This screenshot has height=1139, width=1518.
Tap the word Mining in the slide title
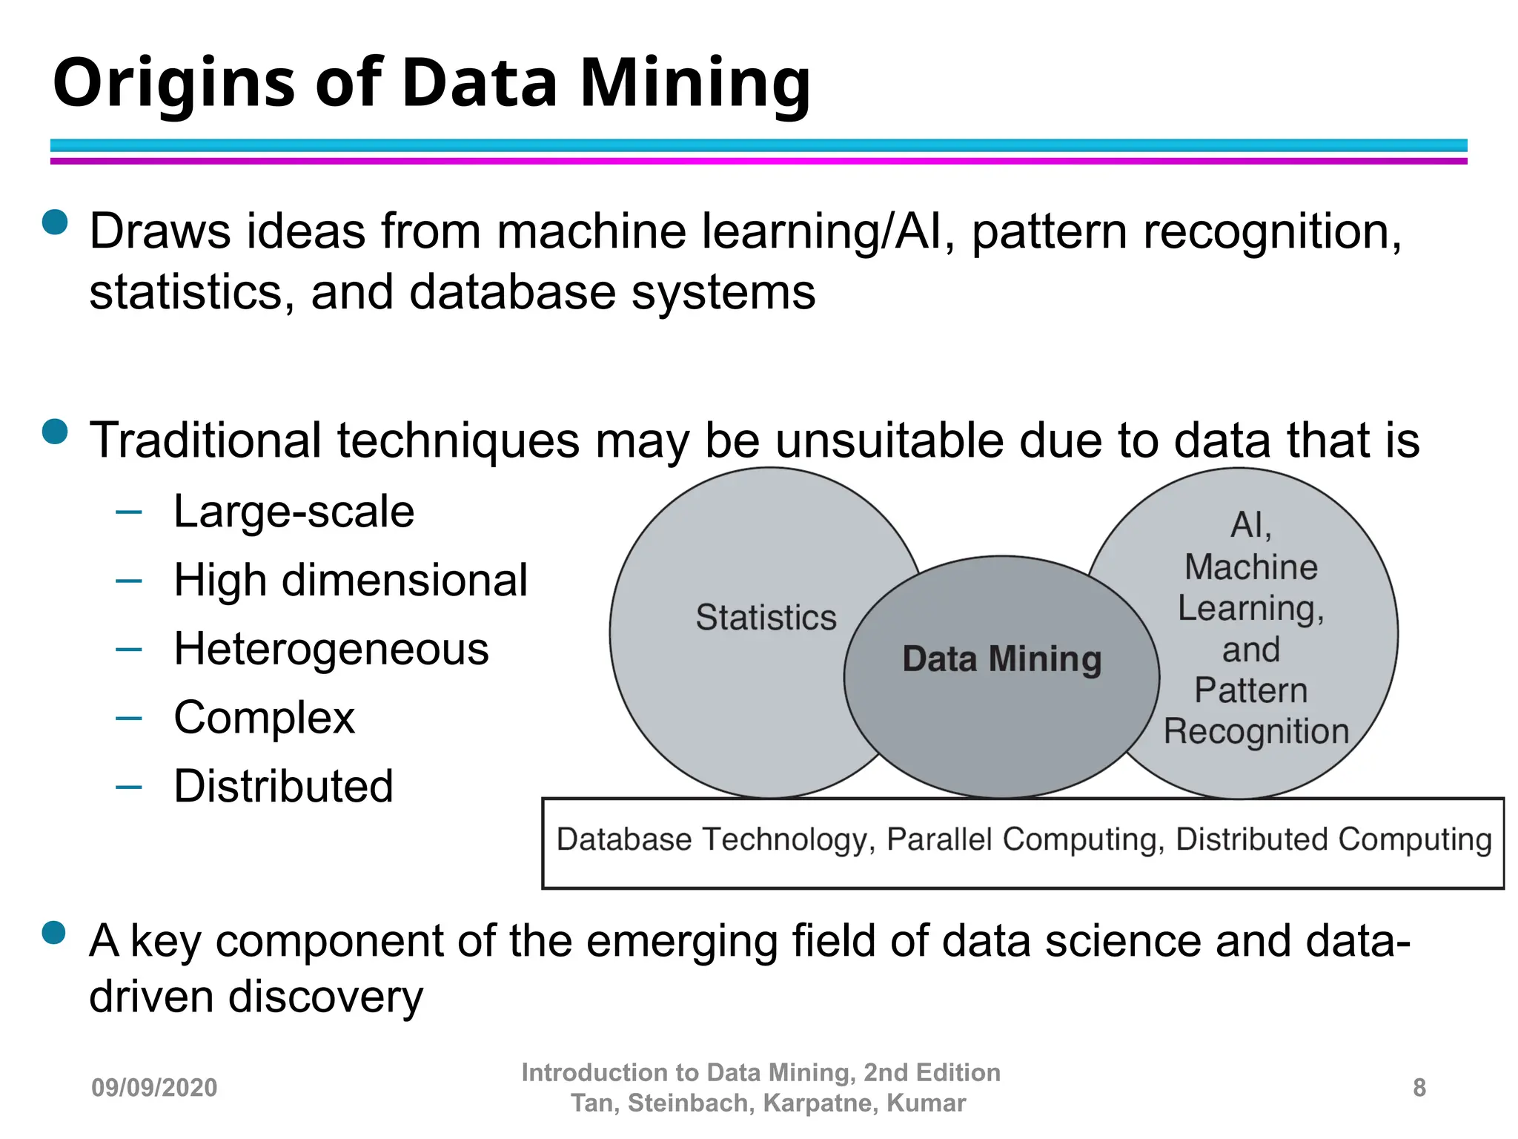pos(695,83)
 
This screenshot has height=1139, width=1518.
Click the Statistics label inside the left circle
pos(766,618)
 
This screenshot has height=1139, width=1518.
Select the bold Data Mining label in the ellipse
pos(1001,659)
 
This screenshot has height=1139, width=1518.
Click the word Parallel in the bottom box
pos(939,840)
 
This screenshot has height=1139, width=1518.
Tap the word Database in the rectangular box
pos(624,840)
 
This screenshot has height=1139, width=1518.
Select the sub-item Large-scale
pos(294,512)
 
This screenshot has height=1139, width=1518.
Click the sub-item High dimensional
pos(351,580)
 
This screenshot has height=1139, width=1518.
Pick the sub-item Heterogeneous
pos(331,649)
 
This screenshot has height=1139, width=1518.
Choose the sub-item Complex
pos(265,718)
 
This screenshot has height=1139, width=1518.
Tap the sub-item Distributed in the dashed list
pos(283,786)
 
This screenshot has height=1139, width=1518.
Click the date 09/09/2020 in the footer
pos(154,1088)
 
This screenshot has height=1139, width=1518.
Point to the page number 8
pos(1419,1088)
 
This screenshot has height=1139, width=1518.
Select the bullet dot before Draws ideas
pos(56,222)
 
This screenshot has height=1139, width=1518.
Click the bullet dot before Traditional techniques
pos(56,431)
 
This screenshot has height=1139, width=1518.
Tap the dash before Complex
pos(129,718)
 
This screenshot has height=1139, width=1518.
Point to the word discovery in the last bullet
pos(325,997)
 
